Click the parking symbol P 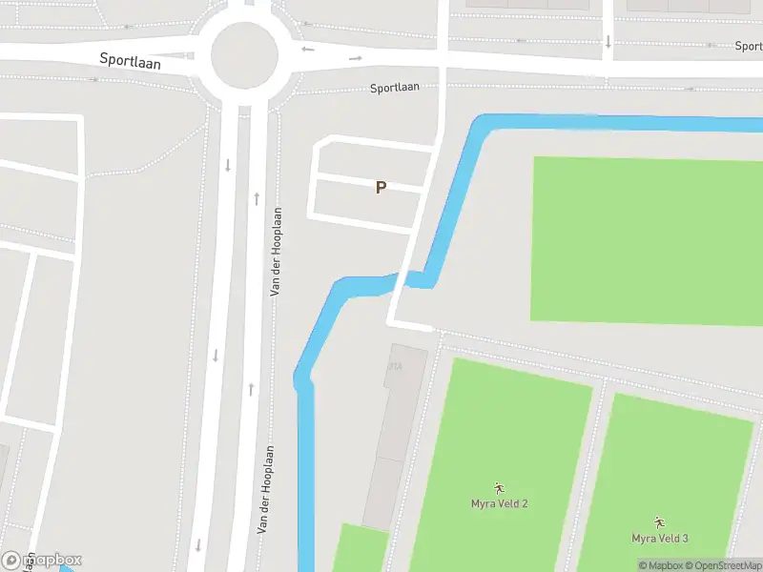[381, 188]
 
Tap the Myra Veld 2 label [499, 503]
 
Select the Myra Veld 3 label [660, 539]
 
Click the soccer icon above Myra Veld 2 [499, 489]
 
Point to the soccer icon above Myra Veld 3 [659, 523]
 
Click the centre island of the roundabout [243, 55]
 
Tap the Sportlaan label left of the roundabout [131, 60]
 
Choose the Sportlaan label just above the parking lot [395, 88]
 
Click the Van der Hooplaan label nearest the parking [276, 252]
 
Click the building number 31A [395, 366]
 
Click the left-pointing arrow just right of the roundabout [307, 50]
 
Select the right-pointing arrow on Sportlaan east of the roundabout [356, 58]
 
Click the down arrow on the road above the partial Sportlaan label [608, 41]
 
